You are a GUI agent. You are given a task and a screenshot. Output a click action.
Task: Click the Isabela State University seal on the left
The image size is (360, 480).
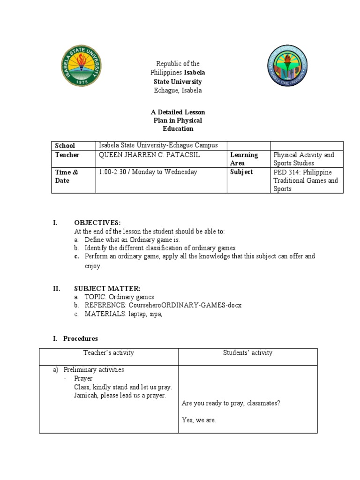pos(82,67)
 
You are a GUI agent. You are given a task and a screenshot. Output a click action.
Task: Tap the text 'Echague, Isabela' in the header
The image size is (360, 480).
pos(178,90)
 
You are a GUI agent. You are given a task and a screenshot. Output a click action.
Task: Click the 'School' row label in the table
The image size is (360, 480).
pos(65,146)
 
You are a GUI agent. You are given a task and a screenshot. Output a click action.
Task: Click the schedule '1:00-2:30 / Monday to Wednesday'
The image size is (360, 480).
pos(148,172)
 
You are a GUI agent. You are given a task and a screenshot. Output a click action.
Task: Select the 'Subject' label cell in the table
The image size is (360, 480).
pos(241,172)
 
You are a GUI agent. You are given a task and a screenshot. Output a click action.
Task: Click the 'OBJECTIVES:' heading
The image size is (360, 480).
pos(97,222)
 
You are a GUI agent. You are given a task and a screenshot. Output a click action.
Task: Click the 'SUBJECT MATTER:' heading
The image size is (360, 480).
pos(107,289)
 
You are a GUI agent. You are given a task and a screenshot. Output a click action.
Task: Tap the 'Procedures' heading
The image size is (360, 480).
pos(81,338)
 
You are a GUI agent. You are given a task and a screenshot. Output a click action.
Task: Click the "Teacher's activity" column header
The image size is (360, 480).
pos(109,353)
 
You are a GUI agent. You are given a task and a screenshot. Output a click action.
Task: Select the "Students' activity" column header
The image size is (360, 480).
pos(247,353)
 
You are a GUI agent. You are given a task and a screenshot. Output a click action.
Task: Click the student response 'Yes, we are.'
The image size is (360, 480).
pos(199,420)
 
